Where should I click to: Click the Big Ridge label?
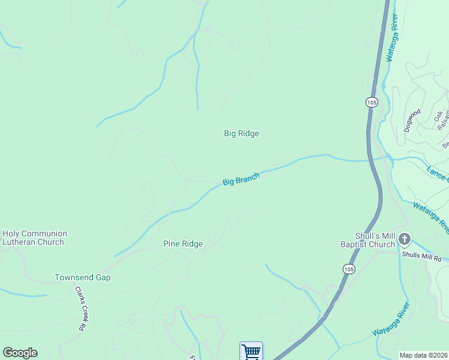coord(241,133)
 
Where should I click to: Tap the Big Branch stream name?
coord(241,179)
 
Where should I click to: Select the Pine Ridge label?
coord(183,244)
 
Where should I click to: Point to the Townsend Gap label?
coord(83,278)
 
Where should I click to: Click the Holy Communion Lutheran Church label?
coord(34,238)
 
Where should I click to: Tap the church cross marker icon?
coord(405,240)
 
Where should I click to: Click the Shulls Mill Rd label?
coord(421,258)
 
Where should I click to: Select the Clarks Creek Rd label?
coord(79,308)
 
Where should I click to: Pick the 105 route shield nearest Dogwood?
coord(372,103)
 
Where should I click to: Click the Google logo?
coord(20,353)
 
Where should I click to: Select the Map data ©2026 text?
coord(424,355)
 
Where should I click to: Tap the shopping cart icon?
coord(251,352)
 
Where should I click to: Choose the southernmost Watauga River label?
coord(391,320)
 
